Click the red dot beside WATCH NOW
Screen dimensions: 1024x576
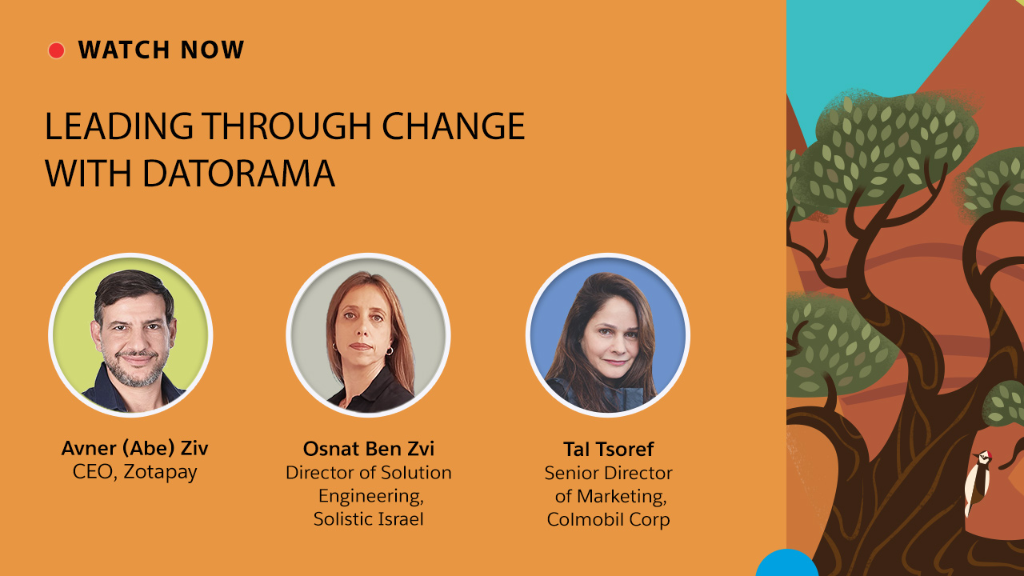[56, 50]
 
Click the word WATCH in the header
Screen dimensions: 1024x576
[124, 50]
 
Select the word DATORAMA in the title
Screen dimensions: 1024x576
[239, 173]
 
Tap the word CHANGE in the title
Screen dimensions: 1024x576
[454, 126]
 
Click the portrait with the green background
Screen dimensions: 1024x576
[130, 335]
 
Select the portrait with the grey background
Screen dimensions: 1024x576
[369, 335]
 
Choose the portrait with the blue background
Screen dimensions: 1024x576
[608, 335]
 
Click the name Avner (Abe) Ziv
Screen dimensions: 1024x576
[135, 448]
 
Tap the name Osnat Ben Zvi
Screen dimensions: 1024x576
[369, 449]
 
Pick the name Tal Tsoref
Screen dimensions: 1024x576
[608, 449]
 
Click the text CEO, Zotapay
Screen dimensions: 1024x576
[135, 472]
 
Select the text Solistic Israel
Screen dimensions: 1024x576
[369, 519]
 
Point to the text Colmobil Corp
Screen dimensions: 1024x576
[608, 519]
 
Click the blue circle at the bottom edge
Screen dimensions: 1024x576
[786, 562]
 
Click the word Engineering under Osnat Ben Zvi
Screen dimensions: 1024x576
[370, 496]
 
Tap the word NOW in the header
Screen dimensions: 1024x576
[212, 50]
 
